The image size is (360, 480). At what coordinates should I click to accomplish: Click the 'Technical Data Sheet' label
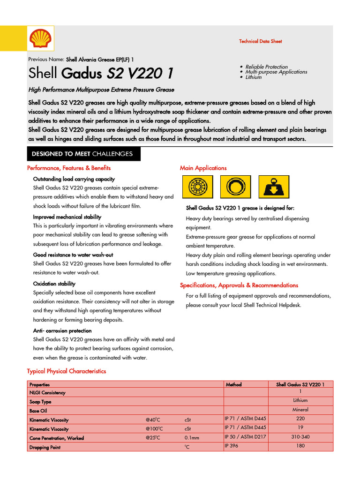pyautogui.click(x=260, y=41)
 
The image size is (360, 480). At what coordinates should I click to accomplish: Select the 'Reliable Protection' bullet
pyautogui.click(x=266, y=67)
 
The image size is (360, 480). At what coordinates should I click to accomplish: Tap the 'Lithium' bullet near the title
pyautogui.click(x=254, y=77)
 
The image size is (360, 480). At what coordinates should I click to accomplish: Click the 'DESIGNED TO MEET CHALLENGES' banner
pyautogui.click(x=82, y=154)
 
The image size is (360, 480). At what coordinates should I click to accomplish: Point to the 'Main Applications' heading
pyautogui.click(x=203, y=168)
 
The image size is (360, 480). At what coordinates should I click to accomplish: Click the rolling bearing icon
pyautogui.click(x=197, y=187)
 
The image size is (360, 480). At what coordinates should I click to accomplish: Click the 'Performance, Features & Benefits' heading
pyautogui.click(x=69, y=168)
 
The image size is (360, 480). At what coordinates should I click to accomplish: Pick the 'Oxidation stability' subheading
pyautogui.click(x=54, y=284)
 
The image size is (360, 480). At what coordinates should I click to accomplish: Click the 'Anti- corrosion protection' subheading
pyautogui.click(x=62, y=330)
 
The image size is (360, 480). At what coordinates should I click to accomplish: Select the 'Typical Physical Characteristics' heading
pyautogui.click(x=67, y=371)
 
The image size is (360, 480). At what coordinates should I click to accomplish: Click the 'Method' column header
pyautogui.click(x=233, y=384)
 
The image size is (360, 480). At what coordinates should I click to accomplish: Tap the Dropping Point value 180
pyautogui.click(x=300, y=446)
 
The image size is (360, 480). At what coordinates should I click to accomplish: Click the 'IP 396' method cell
pyautogui.click(x=232, y=446)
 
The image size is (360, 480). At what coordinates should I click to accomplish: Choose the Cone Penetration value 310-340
pyautogui.click(x=300, y=437)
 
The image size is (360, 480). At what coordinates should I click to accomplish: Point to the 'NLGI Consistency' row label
pyautogui.click(x=47, y=393)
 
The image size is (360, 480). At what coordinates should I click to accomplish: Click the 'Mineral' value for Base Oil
pyautogui.click(x=300, y=410)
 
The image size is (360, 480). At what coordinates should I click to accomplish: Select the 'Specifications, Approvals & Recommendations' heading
pyautogui.click(x=239, y=285)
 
